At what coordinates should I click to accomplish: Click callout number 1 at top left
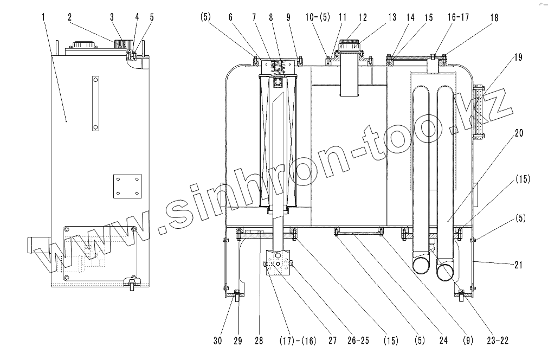[43, 17]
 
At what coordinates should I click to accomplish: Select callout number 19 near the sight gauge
[518, 57]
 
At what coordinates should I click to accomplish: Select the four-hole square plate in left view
[127, 187]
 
